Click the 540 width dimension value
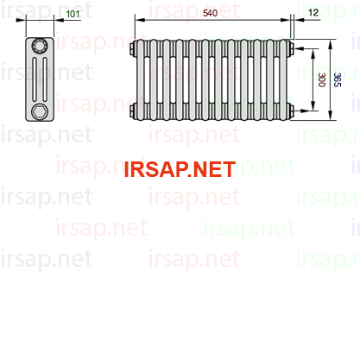pyautogui.click(x=210, y=13)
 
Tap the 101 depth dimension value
pyautogui.click(x=73, y=14)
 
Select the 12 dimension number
pyautogui.click(x=313, y=12)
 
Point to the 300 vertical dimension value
pyautogui.click(x=322, y=79)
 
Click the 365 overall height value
pyautogui.click(x=337, y=79)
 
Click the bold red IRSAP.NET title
pyautogui.click(x=180, y=169)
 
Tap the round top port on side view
pyautogui.click(x=40, y=46)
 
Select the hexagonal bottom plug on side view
pyautogui.click(x=39, y=111)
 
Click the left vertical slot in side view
pyautogui.click(x=35, y=79)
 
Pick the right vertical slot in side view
pyautogui.click(x=45, y=79)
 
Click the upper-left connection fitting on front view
pyautogui.click(x=133, y=48)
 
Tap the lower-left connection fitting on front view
pyautogui.click(x=133, y=111)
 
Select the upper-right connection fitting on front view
pyautogui.click(x=291, y=48)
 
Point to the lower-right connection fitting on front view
pyautogui.click(x=291, y=111)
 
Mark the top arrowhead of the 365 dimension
pyautogui.click(x=331, y=44)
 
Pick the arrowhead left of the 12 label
pyautogui.click(x=300, y=20)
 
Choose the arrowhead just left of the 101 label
pyautogui.click(x=59, y=20)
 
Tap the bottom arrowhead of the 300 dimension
pyautogui.click(x=313, y=105)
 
